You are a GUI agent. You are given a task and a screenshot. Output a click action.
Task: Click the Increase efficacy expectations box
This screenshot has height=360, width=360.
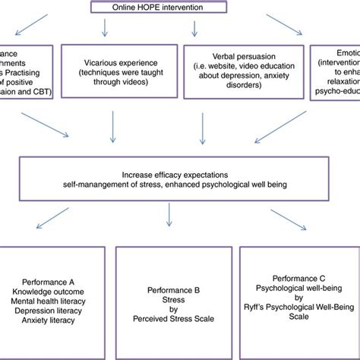pyautogui.click(x=177, y=178)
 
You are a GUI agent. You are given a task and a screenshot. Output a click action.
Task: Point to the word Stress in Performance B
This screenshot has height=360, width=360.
pyautogui.click(x=175, y=299)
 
